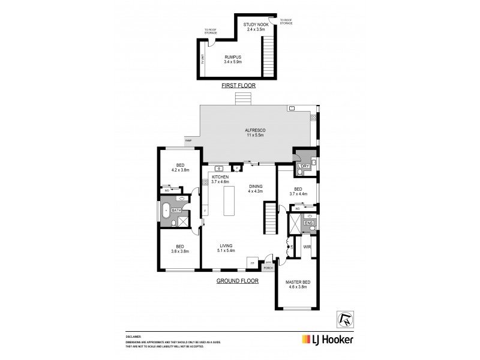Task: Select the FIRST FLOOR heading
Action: (239, 86)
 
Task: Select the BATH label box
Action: (176, 211)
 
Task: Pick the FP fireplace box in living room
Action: (254, 263)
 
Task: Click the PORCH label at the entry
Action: (268, 268)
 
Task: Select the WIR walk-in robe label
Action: (307, 247)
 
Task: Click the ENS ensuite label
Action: (308, 223)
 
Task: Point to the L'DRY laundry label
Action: (302, 166)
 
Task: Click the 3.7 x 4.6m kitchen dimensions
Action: (220, 181)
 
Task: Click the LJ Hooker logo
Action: (324, 339)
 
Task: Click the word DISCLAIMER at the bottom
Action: (133, 337)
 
